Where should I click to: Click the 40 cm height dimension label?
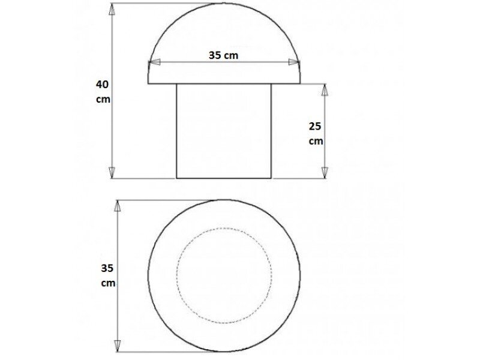coord(103,92)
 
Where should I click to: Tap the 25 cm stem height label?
coord(316,133)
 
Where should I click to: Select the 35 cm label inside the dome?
coord(223,55)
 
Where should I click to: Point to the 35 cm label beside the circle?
coord(108,275)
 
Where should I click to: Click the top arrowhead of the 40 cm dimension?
coord(112,10)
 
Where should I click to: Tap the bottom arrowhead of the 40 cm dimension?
coord(112,172)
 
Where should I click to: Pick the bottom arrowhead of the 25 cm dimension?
coord(325,172)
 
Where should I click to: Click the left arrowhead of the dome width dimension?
coord(154,62)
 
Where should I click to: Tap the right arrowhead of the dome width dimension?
coord(294,62)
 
